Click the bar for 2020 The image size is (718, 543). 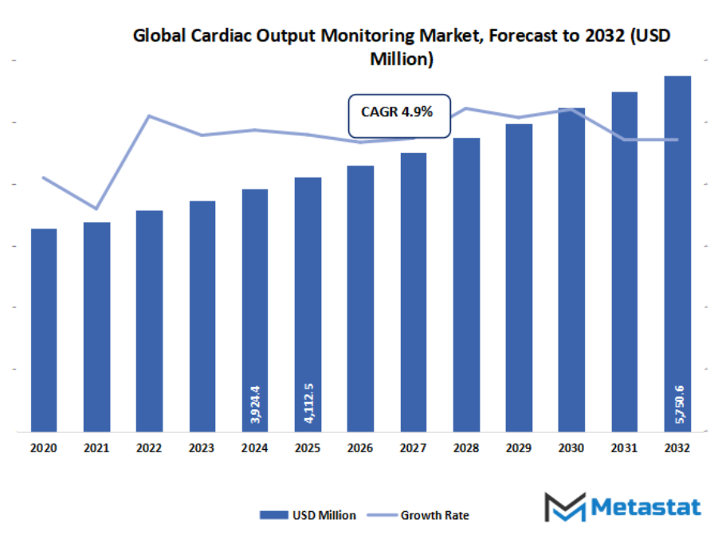(44, 330)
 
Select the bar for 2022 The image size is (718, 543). (149, 321)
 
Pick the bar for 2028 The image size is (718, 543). (466, 284)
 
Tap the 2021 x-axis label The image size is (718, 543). (96, 448)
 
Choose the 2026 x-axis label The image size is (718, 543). (361, 448)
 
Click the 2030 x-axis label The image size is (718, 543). (571, 448)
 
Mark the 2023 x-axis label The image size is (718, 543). (202, 448)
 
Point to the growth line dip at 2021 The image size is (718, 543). (96, 209)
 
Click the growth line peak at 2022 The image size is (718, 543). (149, 116)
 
